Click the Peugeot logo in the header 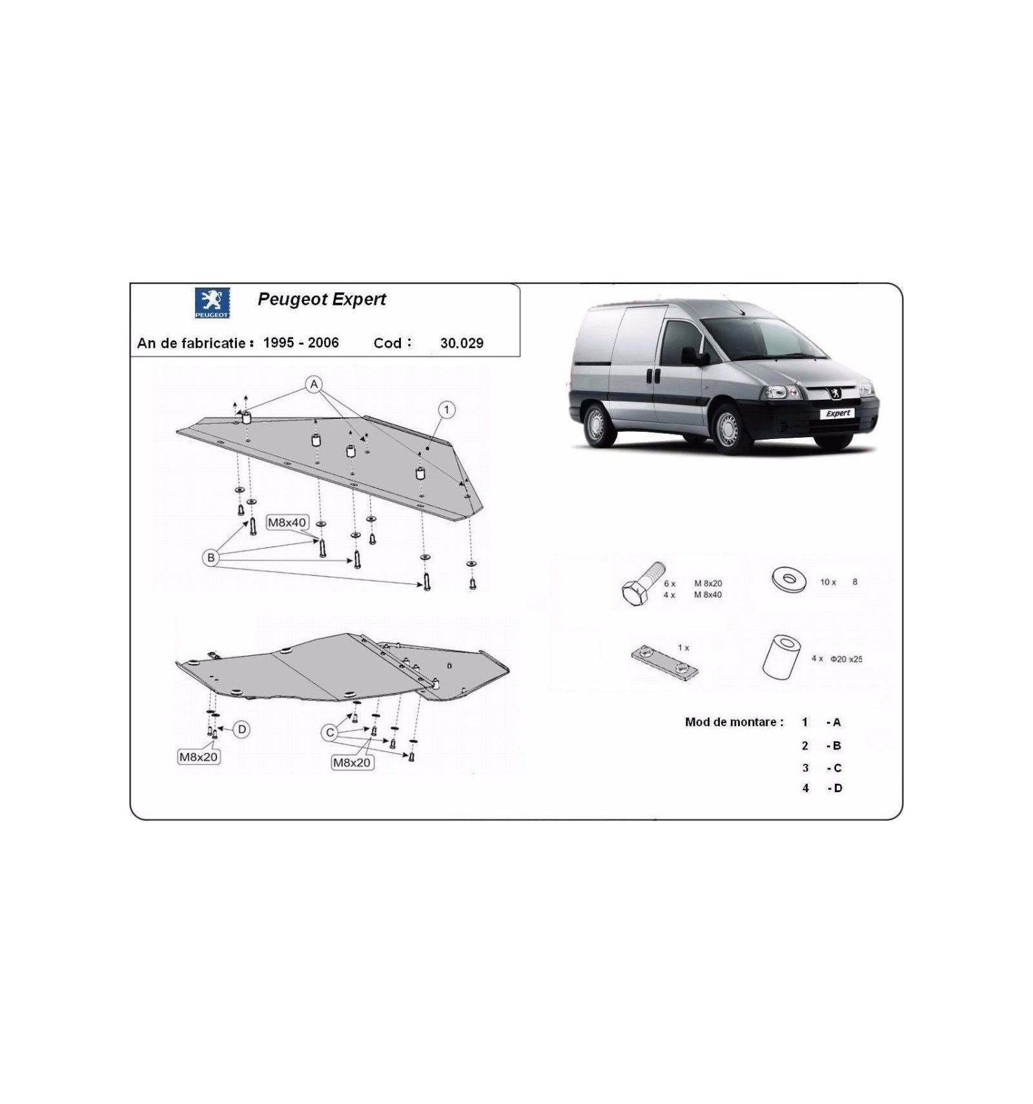click(212, 303)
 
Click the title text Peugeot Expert click(322, 299)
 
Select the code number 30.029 click(462, 343)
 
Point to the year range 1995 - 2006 click(301, 343)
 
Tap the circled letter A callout click(314, 385)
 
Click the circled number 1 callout click(446, 410)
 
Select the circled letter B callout click(210, 558)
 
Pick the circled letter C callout click(330, 732)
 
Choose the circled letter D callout click(241, 730)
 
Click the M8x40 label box click(287, 522)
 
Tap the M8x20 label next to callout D click(199, 757)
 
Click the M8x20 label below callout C click(352, 762)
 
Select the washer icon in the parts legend click(789, 579)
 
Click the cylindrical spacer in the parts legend click(781, 657)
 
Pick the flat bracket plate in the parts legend click(664, 664)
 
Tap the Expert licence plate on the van click(838, 413)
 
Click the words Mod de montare click(734, 722)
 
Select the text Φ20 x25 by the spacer click(846, 659)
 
